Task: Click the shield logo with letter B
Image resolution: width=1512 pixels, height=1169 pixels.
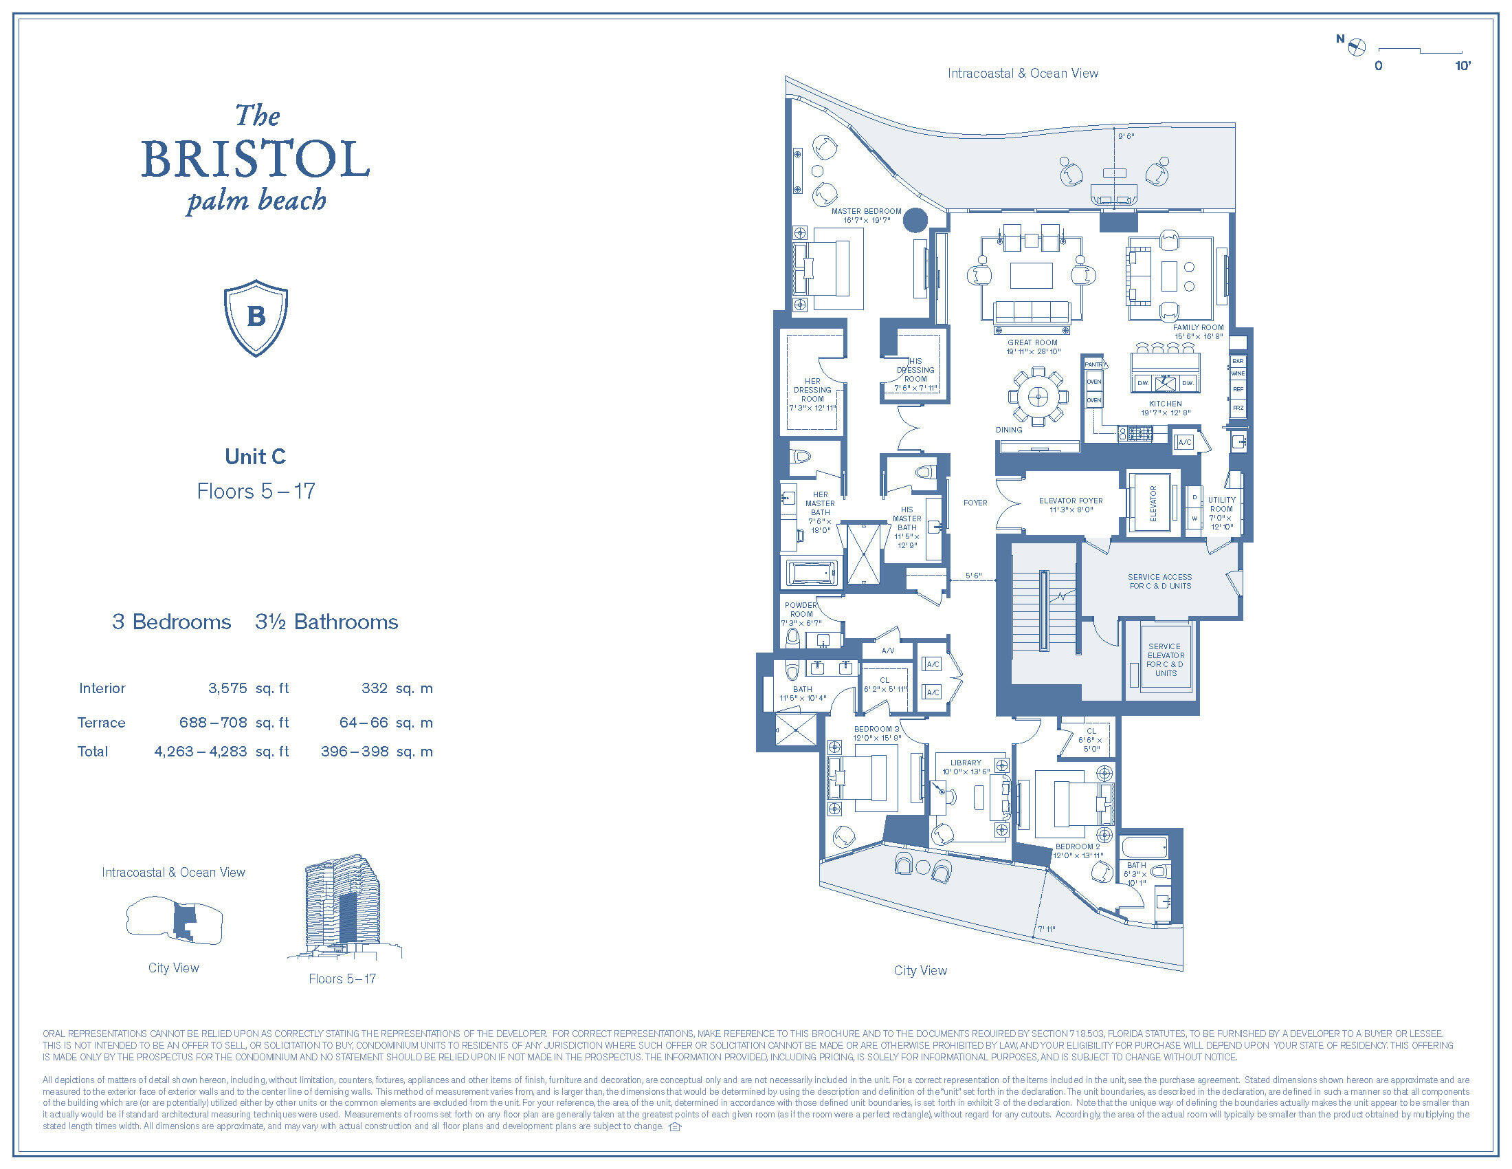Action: [x=256, y=318]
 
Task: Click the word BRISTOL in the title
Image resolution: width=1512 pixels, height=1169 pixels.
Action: [x=256, y=159]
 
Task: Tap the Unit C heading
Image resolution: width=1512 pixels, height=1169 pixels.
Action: [x=255, y=457]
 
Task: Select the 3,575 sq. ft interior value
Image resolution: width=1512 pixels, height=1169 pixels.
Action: [x=227, y=688]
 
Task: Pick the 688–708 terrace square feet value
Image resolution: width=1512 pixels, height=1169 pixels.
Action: [x=213, y=722]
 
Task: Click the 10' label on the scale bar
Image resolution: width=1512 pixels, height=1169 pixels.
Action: [x=1462, y=66]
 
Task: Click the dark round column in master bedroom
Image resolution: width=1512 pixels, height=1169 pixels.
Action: [x=915, y=220]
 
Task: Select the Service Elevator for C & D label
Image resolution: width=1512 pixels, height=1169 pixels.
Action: [x=1165, y=659]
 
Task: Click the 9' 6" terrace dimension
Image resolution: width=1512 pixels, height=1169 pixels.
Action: [x=1126, y=136]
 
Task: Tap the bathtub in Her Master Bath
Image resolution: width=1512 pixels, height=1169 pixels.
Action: [x=813, y=573]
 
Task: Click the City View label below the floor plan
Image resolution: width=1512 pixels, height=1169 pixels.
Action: [x=920, y=970]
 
